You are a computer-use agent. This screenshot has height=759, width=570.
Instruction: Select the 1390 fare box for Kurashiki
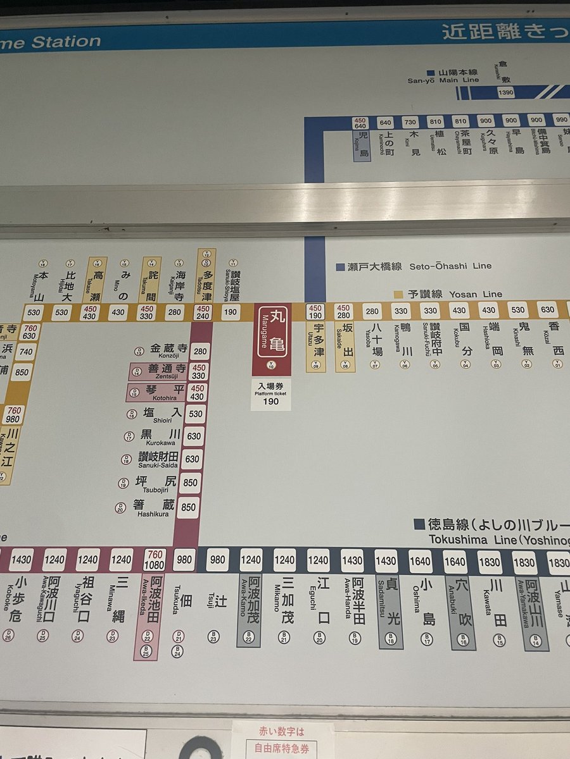(x=506, y=92)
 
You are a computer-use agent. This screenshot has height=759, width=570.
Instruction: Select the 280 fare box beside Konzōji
(x=200, y=351)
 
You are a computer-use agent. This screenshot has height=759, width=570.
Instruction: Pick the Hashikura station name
(x=153, y=507)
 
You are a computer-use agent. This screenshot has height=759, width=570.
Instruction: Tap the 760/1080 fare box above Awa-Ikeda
(x=155, y=560)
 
